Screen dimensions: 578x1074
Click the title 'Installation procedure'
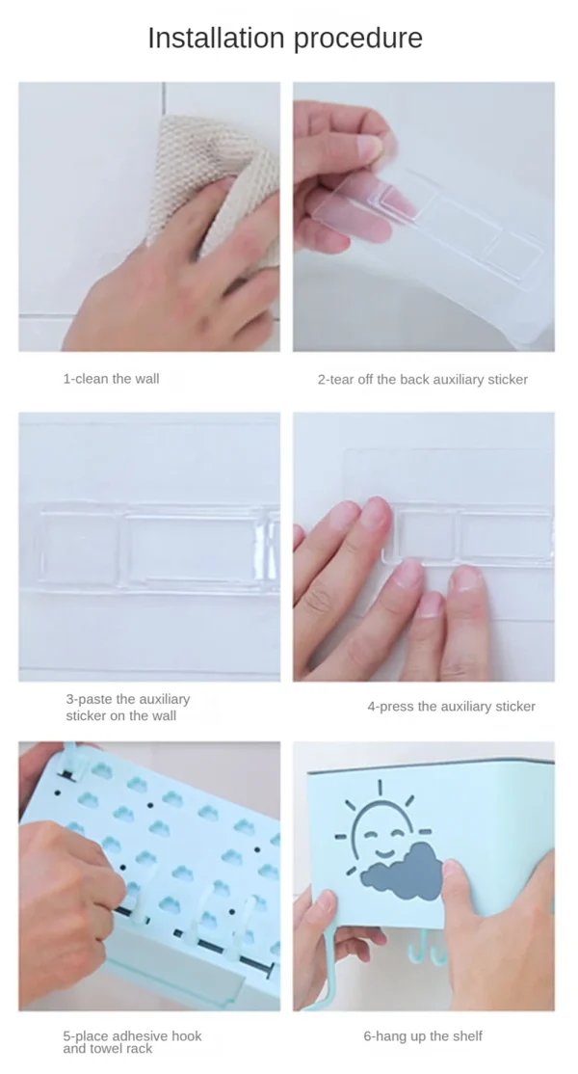pos(285,39)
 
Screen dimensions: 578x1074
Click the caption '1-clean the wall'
pos(112,378)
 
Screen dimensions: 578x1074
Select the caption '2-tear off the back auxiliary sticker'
pos(423,380)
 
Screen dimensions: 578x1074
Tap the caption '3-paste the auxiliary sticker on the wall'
pos(128,708)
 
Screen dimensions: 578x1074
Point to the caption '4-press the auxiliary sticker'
pos(452,706)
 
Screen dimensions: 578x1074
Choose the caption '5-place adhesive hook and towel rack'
pos(132,1042)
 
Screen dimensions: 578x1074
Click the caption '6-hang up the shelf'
pos(423,1036)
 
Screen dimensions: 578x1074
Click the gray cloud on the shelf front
pos(403,870)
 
